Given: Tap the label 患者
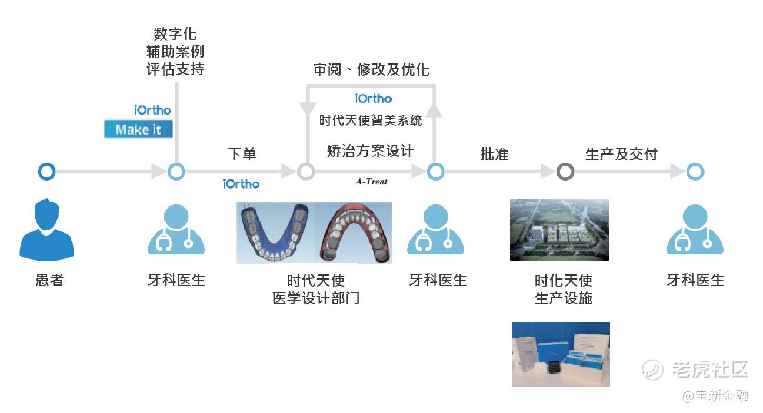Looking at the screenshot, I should click(x=49, y=280).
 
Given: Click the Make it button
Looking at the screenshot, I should click(x=138, y=129).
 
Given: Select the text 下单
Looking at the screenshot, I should click(x=242, y=155).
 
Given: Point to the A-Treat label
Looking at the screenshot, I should click(x=371, y=182).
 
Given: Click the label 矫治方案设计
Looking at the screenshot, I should click(x=370, y=151).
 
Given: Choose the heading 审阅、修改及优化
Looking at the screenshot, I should click(x=371, y=70).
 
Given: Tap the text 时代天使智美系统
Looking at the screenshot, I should click(x=371, y=121).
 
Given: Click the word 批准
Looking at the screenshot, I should click(x=494, y=155).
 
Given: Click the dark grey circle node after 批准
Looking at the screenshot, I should click(x=565, y=172).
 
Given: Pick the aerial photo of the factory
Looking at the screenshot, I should click(x=559, y=230).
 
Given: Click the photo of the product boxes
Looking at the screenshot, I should click(x=561, y=354).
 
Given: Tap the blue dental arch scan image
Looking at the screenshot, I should click(x=275, y=232).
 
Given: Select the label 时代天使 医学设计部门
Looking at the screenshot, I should click(x=316, y=289).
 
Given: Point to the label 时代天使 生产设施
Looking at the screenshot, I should click(x=563, y=289).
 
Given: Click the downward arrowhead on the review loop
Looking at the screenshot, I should click(x=306, y=109).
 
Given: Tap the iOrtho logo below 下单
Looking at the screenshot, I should click(x=241, y=184).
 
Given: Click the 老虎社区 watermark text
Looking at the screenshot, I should click(x=710, y=370).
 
